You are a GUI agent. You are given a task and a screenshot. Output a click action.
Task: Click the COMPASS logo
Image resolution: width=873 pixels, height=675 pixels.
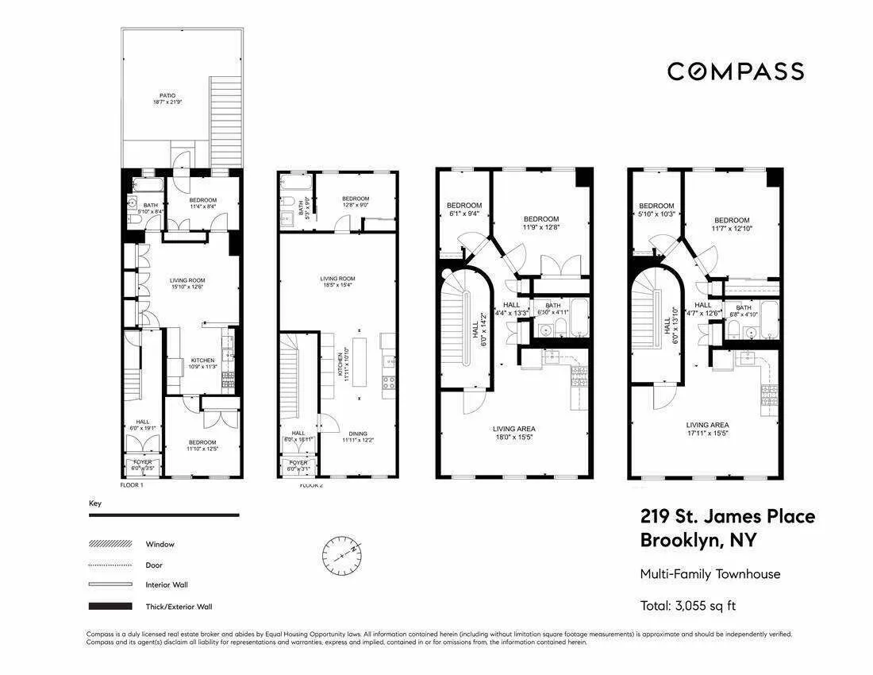click(x=735, y=71)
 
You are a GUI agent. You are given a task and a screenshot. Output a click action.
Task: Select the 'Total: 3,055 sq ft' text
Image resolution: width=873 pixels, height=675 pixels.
click(x=688, y=606)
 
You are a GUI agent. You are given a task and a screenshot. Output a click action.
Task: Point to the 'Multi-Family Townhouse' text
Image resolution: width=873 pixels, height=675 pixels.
click(x=710, y=574)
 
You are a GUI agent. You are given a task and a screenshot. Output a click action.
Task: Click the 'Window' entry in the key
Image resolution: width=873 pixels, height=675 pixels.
click(x=160, y=545)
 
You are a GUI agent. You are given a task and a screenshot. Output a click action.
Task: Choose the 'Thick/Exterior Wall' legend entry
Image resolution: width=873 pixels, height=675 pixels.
click(x=179, y=607)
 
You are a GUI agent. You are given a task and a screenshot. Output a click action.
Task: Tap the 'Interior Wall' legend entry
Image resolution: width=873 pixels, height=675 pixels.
click(x=167, y=585)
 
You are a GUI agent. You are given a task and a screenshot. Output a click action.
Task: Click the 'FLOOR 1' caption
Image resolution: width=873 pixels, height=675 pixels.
click(x=131, y=484)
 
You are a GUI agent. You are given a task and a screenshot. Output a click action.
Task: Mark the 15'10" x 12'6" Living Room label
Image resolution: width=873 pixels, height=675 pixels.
click(x=187, y=284)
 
